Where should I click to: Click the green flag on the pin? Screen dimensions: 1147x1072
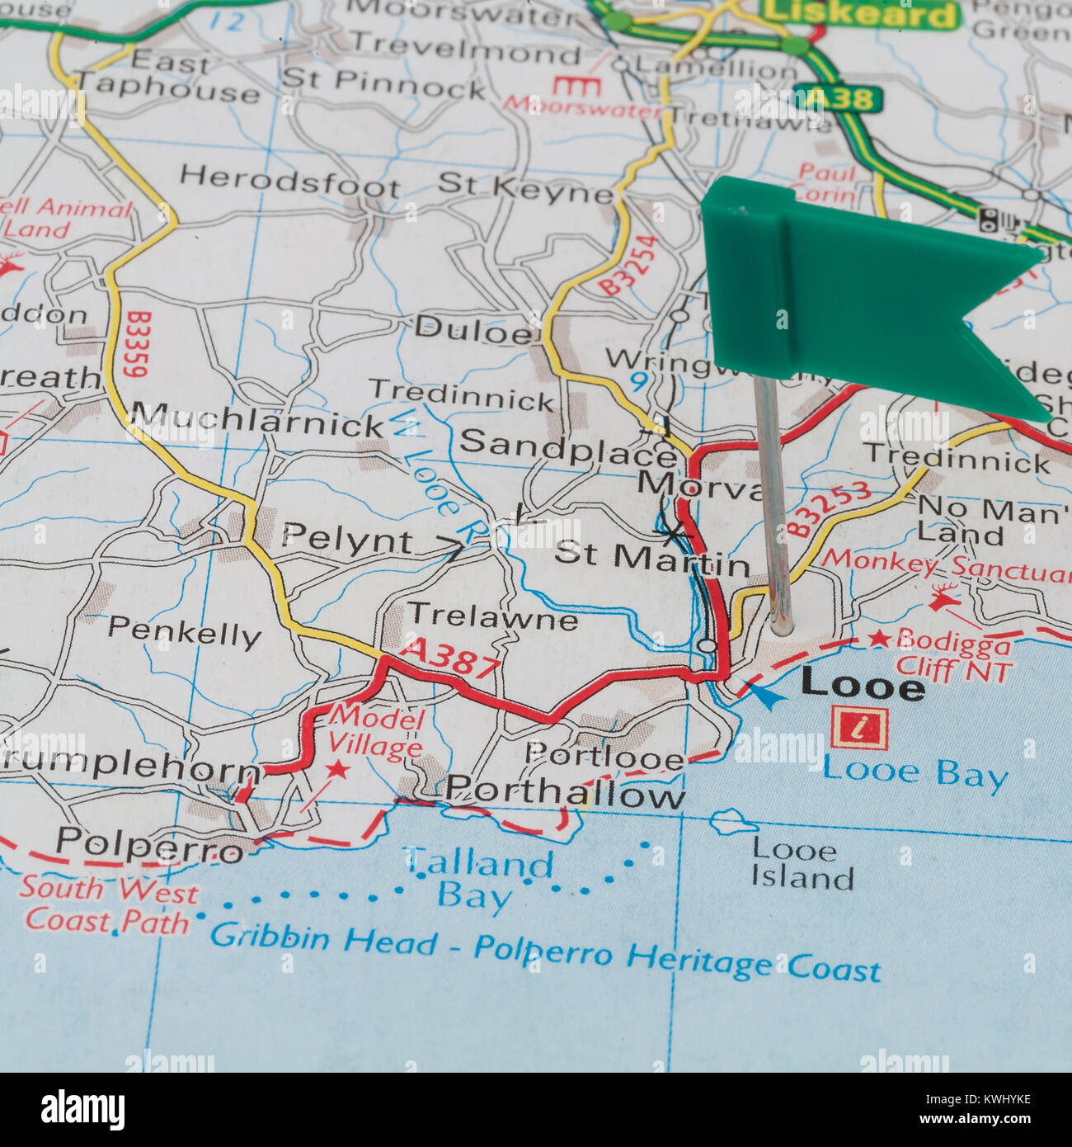click(858, 289)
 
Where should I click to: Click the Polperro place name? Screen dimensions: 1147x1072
click(149, 843)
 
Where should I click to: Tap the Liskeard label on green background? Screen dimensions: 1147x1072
click(859, 13)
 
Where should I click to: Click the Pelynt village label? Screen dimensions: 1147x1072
click(346, 540)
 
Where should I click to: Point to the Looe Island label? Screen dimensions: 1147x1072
click(800, 863)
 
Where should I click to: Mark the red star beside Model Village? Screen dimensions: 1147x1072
click(337, 770)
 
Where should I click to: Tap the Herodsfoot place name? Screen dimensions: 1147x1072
click(289, 179)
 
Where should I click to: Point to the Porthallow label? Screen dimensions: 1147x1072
click(565, 794)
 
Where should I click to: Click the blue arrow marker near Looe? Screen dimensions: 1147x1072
click(766, 696)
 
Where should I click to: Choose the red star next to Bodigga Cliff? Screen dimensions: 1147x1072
click(880, 638)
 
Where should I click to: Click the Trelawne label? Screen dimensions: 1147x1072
click(492, 616)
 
